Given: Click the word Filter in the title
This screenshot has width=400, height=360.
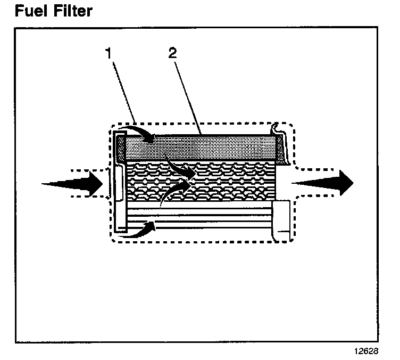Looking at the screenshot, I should click(x=69, y=10).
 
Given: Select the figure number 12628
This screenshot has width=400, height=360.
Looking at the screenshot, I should click(x=366, y=351).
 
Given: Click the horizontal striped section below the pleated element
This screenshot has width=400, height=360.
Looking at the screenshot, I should click(x=202, y=218).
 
